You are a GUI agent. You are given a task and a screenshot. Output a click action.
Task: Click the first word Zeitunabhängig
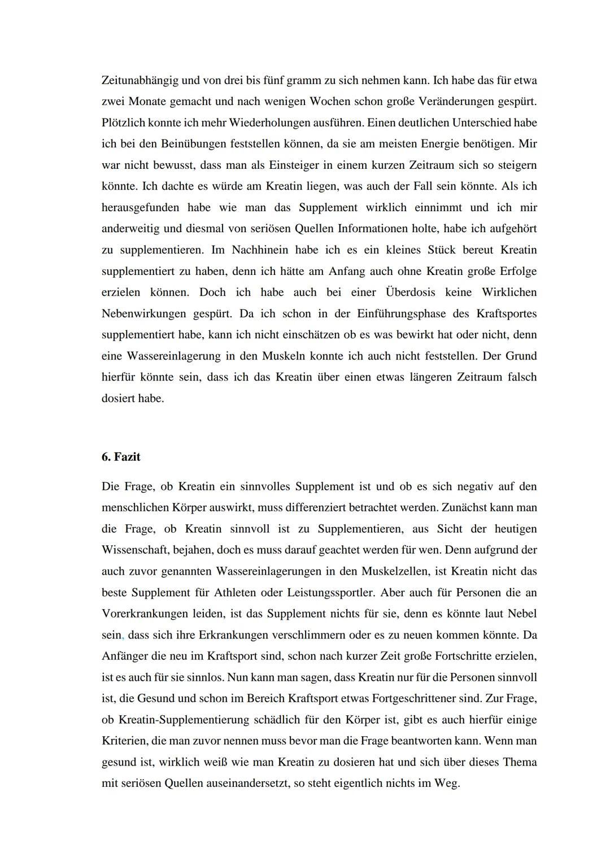[137, 80]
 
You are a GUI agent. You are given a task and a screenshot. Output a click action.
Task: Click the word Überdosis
[410, 292]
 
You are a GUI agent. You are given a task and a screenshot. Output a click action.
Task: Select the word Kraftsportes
[507, 313]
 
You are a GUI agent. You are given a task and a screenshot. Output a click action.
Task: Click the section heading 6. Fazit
[121, 457]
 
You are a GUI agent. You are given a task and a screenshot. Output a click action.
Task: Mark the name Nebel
[522, 614]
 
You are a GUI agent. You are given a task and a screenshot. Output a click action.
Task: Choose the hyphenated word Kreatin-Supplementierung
[184, 720]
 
